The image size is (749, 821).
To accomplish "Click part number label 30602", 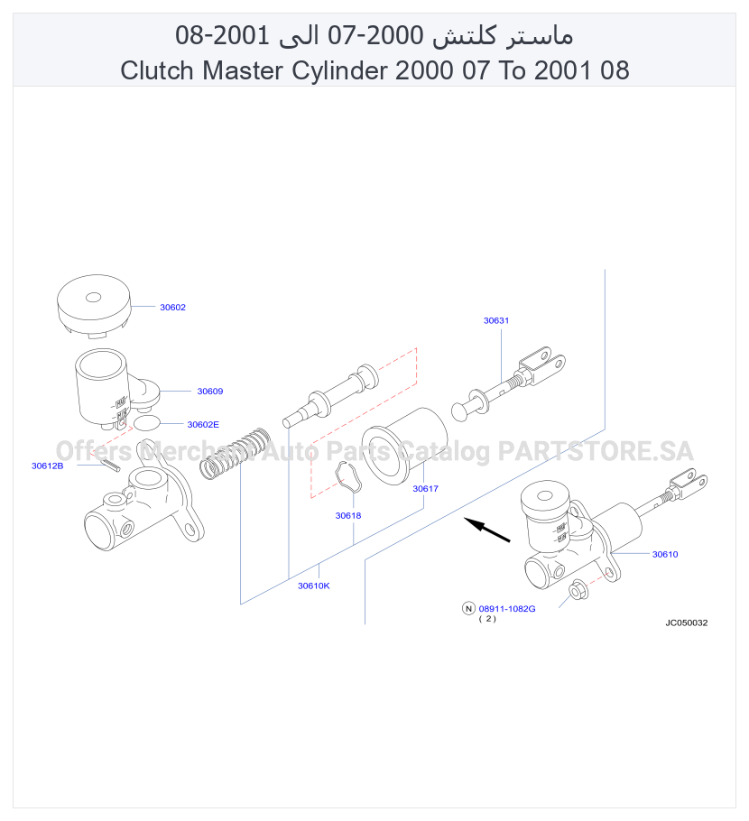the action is tap(172, 308).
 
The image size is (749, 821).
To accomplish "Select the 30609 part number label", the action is tap(209, 392).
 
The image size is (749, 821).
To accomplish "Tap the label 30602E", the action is tap(203, 425).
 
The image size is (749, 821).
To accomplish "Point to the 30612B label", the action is tap(47, 466).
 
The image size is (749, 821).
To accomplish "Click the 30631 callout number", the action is tap(496, 320).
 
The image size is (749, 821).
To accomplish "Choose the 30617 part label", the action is tap(425, 488).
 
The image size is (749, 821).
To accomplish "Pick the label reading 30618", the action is tap(348, 516).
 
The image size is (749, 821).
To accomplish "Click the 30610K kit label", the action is tap(314, 586).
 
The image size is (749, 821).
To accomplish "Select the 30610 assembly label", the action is tap(665, 555).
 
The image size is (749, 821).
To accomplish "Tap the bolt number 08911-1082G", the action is tap(507, 609).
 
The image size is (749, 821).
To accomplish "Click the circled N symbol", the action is tap(468, 608).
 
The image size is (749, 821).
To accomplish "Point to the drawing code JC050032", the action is tap(686, 623).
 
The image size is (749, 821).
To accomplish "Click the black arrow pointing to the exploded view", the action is tap(487, 530).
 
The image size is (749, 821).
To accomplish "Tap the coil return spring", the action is tap(236, 453).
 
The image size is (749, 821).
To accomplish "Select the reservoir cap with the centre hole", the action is tap(93, 304).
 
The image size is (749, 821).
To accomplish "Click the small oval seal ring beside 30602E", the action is tap(147, 422).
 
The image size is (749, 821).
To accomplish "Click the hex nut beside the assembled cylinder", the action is tap(578, 590).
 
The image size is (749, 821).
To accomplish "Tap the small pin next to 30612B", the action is tap(111, 465).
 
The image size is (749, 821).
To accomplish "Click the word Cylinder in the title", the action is tap(340, 70).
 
